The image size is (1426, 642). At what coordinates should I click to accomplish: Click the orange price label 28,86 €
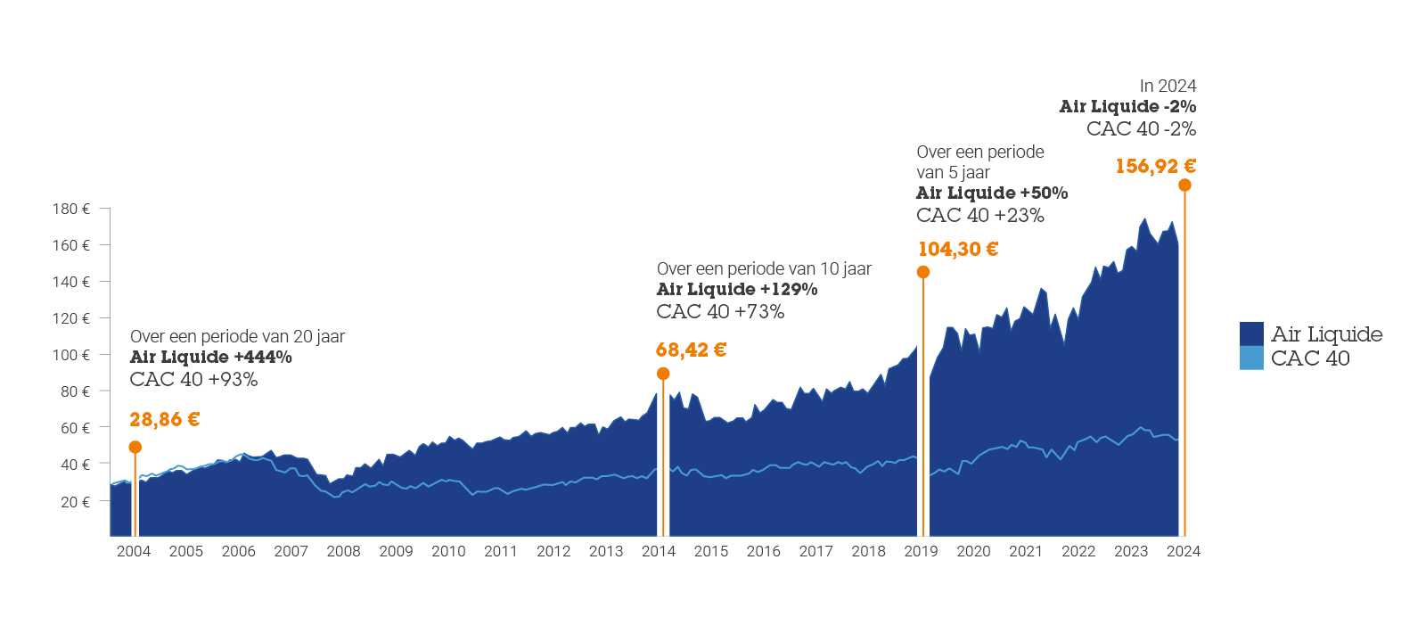(164, 419)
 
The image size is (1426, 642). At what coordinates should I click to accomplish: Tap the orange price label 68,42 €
(691, 350)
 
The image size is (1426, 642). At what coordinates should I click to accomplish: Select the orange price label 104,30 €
(958, 250)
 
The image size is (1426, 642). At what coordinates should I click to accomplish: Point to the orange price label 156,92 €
(1155, 166)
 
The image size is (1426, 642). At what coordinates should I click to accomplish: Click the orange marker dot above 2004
(135, 447)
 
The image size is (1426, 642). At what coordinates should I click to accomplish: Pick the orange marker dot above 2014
(663, 374)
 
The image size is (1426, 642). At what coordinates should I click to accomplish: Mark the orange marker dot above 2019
(923, 272)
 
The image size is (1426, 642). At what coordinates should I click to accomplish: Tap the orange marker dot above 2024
(1184, 185)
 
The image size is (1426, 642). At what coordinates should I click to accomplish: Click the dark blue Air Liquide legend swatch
(1251, 333)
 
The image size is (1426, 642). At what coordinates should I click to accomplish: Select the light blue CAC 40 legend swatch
(1251, 358)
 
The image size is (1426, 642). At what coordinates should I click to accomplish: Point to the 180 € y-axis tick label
(71, 209)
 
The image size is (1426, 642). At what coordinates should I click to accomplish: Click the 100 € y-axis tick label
(71, 355)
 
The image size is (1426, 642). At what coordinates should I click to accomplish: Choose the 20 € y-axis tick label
(75, 502)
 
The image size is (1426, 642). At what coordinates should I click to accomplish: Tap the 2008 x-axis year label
(343, 551)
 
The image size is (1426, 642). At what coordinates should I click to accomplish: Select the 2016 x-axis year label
(763, 551)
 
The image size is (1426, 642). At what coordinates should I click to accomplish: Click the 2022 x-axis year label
(1078, 551)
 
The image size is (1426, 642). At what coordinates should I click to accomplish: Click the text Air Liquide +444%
(211, 357)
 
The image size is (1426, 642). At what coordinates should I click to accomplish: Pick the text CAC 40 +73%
(720, 311)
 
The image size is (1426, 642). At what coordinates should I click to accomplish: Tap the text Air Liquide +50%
(992, 193)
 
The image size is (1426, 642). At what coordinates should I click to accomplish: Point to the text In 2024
(1168, 86)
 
